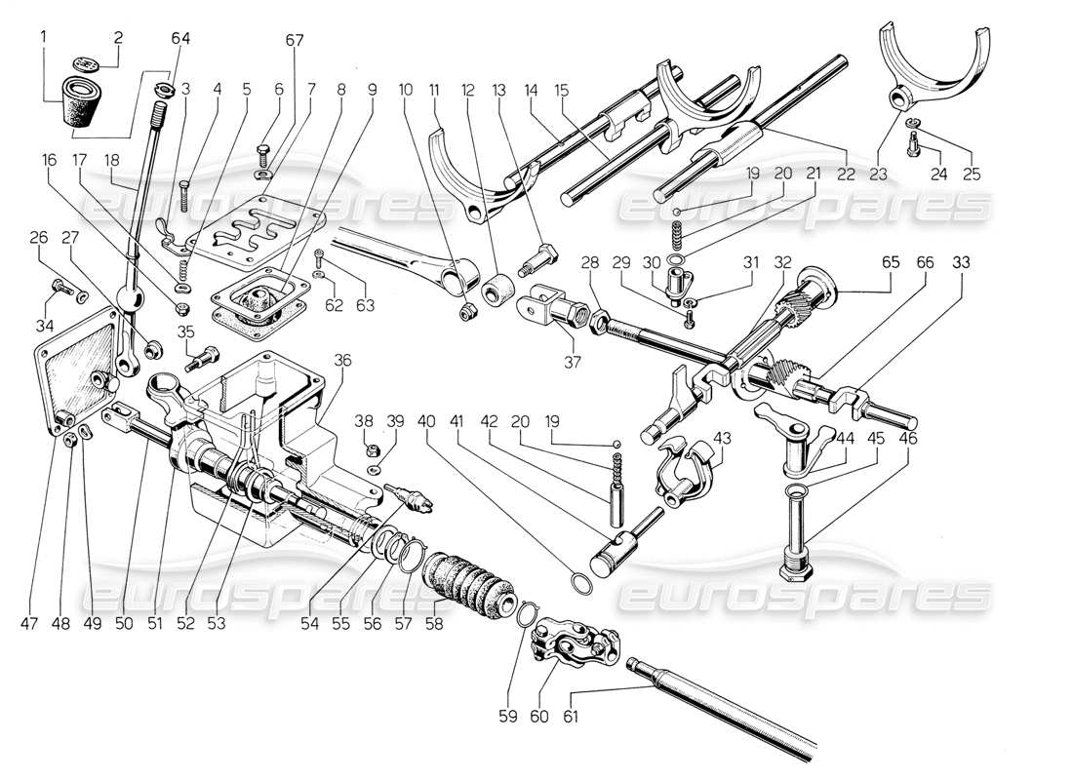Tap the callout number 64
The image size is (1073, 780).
pyautogui.click(x=182, y=38)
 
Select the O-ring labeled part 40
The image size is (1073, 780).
pyautogui.click(x=581, y=583)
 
